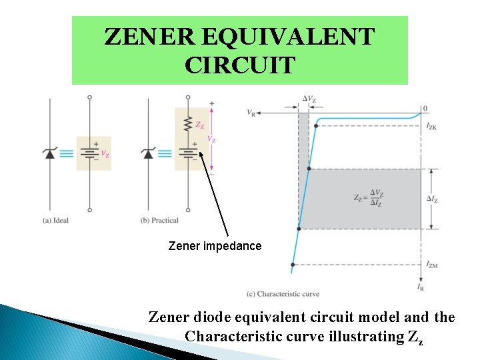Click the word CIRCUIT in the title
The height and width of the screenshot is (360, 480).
pyautogui.click(x=240, y=65)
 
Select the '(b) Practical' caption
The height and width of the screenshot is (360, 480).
pyautogui.click(x=160, y=221)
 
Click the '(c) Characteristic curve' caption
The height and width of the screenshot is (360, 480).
pyautogui.click(x=283, y=293)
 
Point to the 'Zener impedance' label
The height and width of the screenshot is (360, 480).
pyautogui.click(x=215, y=246)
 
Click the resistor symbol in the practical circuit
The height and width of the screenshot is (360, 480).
pyautogui.click(x=189, y=125)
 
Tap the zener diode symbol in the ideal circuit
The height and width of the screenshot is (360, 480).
pyautogui.click(x=49, y=153)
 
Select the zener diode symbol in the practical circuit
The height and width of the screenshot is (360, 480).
pyautogui.click(x=148, y=153)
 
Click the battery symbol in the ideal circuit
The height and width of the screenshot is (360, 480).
pyautogui.click(x=90, y=153)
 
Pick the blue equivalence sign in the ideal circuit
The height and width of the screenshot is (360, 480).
pyautogui.click(x=67, y=153)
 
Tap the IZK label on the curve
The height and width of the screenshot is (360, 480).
pyautogui.click(x=431, y=125)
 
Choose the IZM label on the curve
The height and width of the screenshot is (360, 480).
pyautogui.click(x=432, y=265)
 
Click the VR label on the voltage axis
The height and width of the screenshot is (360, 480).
pyautogui.click(x=251, y=113)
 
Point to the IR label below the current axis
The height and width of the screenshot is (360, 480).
pyautogui.click(x=421, y=287)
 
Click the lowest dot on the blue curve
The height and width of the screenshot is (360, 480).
pyautogui.click(x=293, y=265)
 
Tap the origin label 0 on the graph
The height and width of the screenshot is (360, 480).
pyautogui.click(x=424, y=108)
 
